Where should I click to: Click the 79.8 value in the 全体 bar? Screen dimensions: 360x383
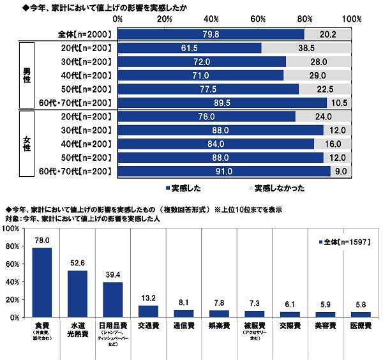point(210,34)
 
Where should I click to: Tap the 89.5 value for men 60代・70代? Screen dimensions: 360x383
point(222,103)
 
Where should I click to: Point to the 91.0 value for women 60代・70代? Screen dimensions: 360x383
point(224,171)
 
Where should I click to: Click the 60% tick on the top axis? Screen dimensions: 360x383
point(259,20)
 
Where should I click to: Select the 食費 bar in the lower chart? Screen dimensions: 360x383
point(41,282)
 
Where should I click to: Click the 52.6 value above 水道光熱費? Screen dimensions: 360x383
point(77,262)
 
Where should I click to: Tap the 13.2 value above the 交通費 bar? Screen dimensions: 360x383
point(147,297)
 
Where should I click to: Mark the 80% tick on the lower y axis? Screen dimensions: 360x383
point(13,246)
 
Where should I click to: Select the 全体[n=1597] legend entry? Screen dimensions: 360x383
point(344,243)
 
